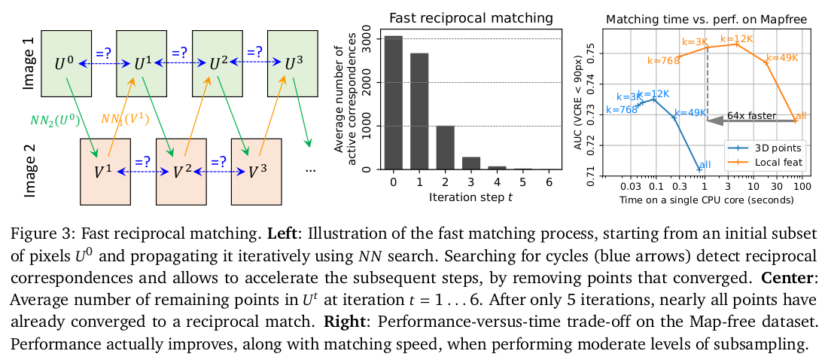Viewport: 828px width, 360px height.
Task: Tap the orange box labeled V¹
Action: [105, 172]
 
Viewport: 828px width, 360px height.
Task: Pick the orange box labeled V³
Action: [255, 172]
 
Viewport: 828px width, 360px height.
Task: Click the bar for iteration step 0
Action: [394, 102]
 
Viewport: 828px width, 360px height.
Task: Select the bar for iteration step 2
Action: [446, 148]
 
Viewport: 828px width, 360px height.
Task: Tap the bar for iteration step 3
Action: [471, 163]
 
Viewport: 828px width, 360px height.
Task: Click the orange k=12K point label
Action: [737, 38]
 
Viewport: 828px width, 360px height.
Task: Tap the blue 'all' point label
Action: [705, 164]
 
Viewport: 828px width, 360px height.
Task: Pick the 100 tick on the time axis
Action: [801, 185]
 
